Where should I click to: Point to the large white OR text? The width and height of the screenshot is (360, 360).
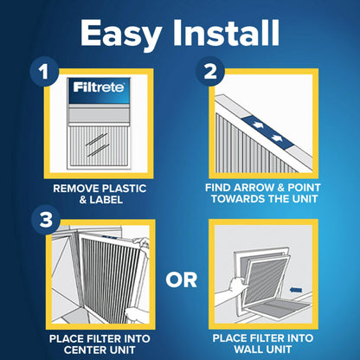click(181, 280)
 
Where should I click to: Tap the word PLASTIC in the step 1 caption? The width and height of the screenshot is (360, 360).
click(112, 186)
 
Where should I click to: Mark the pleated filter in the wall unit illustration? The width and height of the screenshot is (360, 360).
click(260, 281)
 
